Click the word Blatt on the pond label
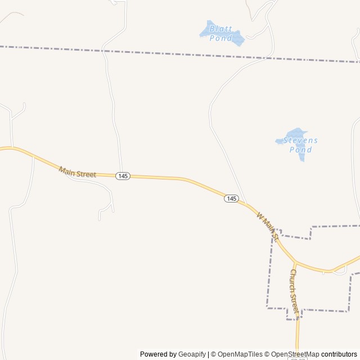click(220, 29)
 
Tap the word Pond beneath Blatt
click(220, 38)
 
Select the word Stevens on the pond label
click(300, 140)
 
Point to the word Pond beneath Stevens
click(300, 150)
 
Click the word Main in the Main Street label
click(67, 170)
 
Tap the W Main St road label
click(268, 223)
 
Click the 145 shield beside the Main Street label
click(123, 176)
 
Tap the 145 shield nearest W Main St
click(232, 199)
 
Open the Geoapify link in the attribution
click(192, 354)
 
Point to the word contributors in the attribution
click(339, 354)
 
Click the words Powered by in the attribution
click(158, 354)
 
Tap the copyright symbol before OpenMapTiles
click(213, 354)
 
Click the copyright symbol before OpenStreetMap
click(269, 354)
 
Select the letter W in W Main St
click(259, 215)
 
